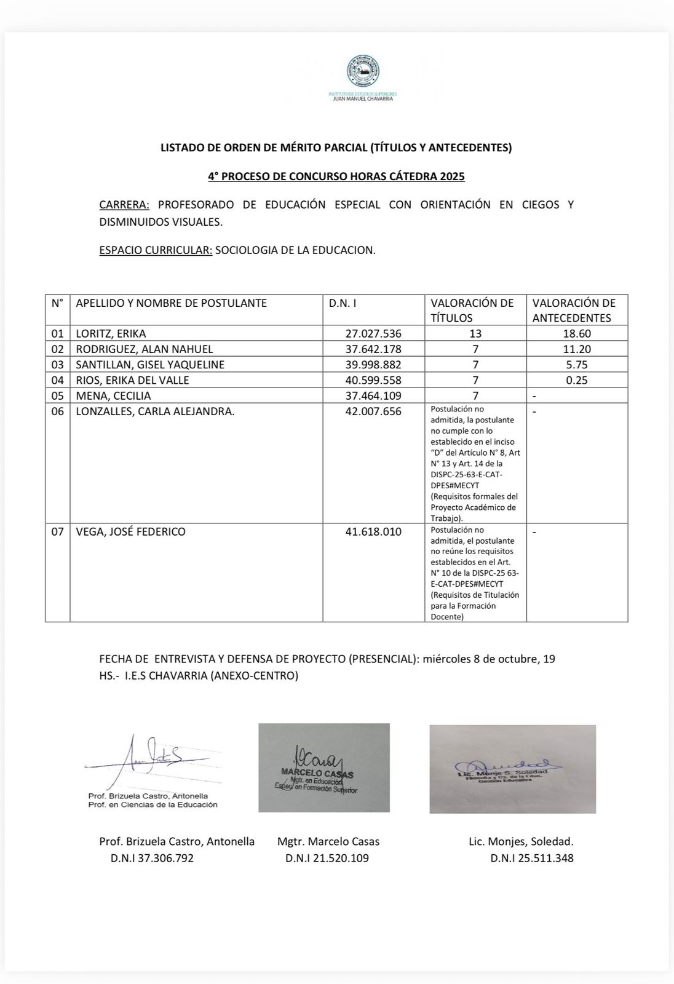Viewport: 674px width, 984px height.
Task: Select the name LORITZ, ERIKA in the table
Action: (111, 334)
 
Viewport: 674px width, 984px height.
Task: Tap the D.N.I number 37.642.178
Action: (373, 349)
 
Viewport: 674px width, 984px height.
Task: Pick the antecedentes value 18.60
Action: (577, 334)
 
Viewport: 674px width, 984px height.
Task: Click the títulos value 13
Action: (475, 334)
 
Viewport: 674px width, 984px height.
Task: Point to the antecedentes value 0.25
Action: (577, 380)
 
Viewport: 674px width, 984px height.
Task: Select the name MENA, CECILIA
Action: (113, 395)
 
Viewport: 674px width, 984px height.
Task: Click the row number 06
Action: (57, 411)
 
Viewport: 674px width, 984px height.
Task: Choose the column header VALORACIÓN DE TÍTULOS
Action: (472, 310)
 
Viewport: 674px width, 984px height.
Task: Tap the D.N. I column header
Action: (343, 303)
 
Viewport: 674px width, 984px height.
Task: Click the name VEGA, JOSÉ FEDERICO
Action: (130, 531)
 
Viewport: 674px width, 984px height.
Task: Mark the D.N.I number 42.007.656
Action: (373, 411)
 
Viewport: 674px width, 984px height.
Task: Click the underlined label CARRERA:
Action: (124, 205)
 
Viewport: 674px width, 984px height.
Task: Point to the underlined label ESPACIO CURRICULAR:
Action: (156, 250)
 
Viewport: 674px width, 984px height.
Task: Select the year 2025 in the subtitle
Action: (452, 177)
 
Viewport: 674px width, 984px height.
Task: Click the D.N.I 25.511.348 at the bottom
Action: (532, 858)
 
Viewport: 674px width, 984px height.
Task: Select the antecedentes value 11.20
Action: (577, 349)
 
